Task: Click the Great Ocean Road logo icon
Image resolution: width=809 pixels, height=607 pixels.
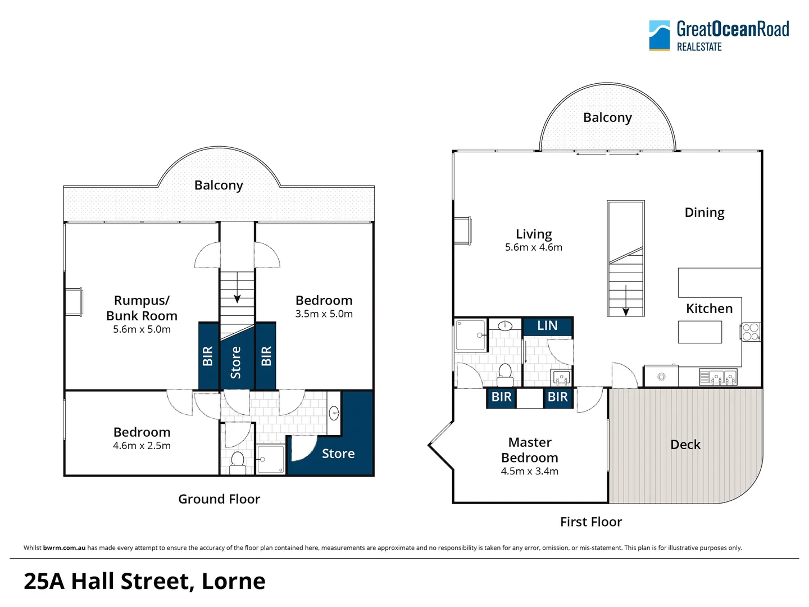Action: click(659, 35)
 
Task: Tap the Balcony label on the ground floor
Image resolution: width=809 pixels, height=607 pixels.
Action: click(219, 185)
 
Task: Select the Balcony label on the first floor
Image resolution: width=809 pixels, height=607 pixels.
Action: click(607, 117)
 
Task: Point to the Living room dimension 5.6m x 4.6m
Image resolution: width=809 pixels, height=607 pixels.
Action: click(533, 247)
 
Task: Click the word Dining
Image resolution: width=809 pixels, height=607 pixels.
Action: click(704, 212)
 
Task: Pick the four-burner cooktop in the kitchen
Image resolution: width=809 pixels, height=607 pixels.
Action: click(751, 332)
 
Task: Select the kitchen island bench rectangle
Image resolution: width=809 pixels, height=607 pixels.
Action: click(699, 332)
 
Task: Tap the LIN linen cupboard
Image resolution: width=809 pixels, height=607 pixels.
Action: click(547, 326)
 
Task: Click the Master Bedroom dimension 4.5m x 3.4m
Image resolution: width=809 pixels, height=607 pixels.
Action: click(529, 472)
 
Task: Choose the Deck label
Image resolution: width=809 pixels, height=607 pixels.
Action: click(685, 445)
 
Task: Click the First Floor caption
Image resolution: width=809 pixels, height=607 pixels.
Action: click(591, 522)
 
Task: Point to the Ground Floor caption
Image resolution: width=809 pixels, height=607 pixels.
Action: click(219, 499)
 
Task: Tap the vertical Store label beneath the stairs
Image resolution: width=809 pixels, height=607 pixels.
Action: click(236, 362)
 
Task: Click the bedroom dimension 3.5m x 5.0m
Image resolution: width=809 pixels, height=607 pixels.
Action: click(324, 314)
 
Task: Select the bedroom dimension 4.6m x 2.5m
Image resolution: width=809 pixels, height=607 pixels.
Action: click(142, 446)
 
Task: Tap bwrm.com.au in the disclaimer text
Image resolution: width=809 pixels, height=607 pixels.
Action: click(64, 548)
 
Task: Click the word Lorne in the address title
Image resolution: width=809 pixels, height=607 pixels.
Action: click(233, 582)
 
